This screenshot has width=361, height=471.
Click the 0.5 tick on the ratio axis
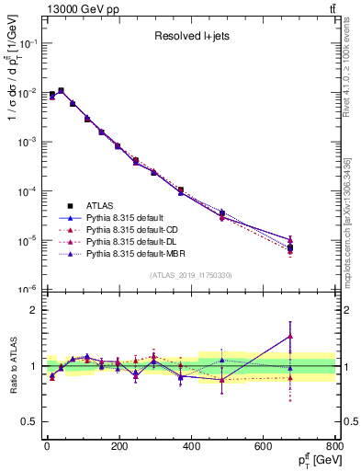click(29, 422)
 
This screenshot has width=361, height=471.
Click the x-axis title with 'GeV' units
click(313, 460)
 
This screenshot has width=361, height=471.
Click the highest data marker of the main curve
click(61, 90)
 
